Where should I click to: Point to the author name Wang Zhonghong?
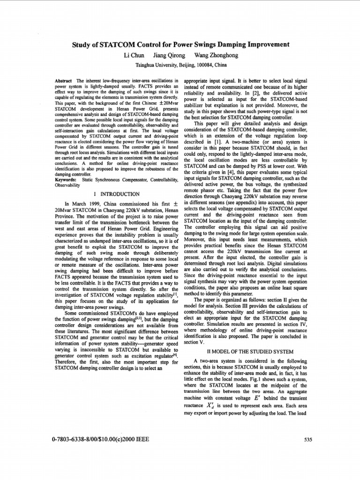click(219, 55)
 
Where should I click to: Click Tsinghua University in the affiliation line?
click(154, 66)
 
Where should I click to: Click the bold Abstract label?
click(64, 81)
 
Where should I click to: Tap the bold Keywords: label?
click(66, 180)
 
